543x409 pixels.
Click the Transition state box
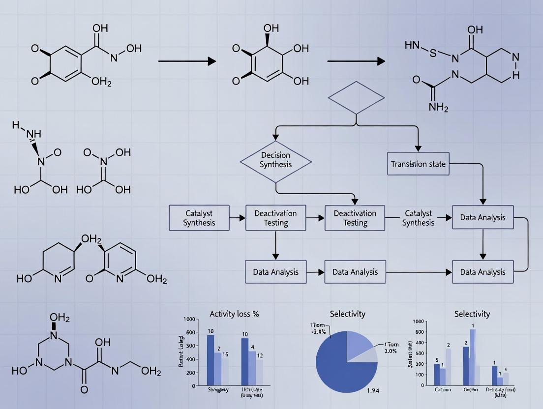[418, 164]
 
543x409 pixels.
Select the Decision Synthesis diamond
[275, 160]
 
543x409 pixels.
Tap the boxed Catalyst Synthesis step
[199, 218]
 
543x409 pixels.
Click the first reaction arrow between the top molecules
[187, 61]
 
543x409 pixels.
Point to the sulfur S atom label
[432, 53]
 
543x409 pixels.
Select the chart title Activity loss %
[234, 314]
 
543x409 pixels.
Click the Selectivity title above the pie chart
[347, 314]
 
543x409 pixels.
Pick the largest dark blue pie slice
[339, 364]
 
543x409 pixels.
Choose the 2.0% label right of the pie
[390, 351]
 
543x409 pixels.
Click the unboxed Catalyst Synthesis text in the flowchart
[418, 218]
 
